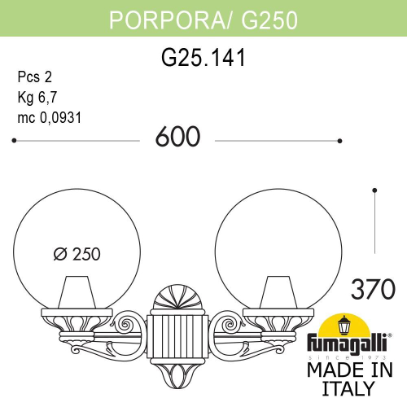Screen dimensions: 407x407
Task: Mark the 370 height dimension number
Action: pyautogui.click(x=373, y=288)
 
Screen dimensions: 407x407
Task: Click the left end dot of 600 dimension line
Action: pyautogui.click(x=15, y=141)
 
